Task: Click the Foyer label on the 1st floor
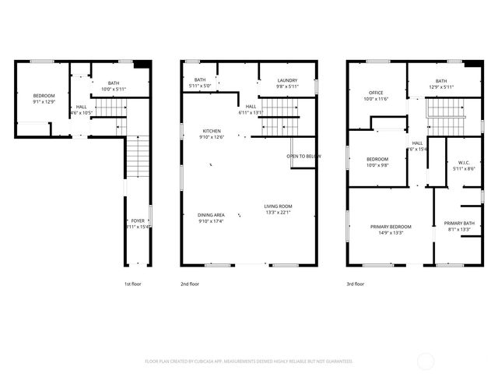pos(138,221)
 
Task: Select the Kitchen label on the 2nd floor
pos(212,131)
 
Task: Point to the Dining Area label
pos(212,215)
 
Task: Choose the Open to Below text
pos(304,156)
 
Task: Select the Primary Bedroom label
pos(391,226)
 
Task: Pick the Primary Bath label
pos(458,223)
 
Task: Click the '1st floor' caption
pos(133,284)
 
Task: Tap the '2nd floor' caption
pos(190,284)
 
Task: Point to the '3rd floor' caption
pos(355,284)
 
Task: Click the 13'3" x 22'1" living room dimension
pos(278,213)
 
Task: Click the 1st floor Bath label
pos(114,83)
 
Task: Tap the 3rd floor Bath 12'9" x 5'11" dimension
pos(441,87)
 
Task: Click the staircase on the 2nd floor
pos(285,125)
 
